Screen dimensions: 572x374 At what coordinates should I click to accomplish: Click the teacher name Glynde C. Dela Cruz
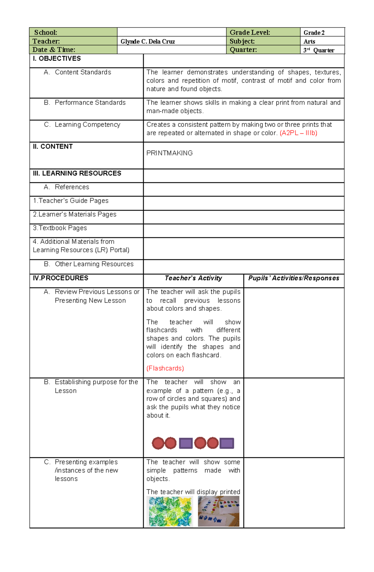click(148, 41)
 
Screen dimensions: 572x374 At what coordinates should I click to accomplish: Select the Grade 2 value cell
click(314, 33)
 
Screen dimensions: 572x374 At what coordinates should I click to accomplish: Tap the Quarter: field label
click(243, 50)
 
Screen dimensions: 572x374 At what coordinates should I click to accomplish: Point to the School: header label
click(46, 32)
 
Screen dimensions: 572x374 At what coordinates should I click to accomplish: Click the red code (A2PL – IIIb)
click(298, 133)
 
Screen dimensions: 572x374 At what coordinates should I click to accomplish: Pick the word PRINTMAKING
click(170, 153)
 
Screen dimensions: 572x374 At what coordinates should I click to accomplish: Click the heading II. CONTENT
click(53, 147)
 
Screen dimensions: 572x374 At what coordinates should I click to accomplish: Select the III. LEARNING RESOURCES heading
click(77, 173)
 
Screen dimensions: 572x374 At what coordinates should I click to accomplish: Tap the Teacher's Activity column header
click(193, 278)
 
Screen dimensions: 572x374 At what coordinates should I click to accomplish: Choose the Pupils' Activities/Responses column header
click(294, 278)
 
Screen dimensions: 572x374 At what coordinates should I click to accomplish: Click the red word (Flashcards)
click(165, 368)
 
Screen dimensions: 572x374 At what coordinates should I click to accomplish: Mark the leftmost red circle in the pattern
click(158, 443)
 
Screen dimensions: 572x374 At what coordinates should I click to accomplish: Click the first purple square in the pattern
click(186, 443)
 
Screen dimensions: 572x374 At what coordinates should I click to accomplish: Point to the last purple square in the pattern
click(227, 443)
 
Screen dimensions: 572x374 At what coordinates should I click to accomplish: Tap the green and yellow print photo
click(170, 512)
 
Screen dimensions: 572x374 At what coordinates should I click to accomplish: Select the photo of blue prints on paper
click(218, 512)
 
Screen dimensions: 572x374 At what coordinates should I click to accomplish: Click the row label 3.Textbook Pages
click(60, 228)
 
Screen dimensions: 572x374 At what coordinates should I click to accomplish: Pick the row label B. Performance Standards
click(85, 103)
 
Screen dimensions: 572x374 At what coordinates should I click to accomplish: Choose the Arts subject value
click(309, 41)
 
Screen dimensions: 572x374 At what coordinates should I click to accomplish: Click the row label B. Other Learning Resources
click(89, 264)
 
